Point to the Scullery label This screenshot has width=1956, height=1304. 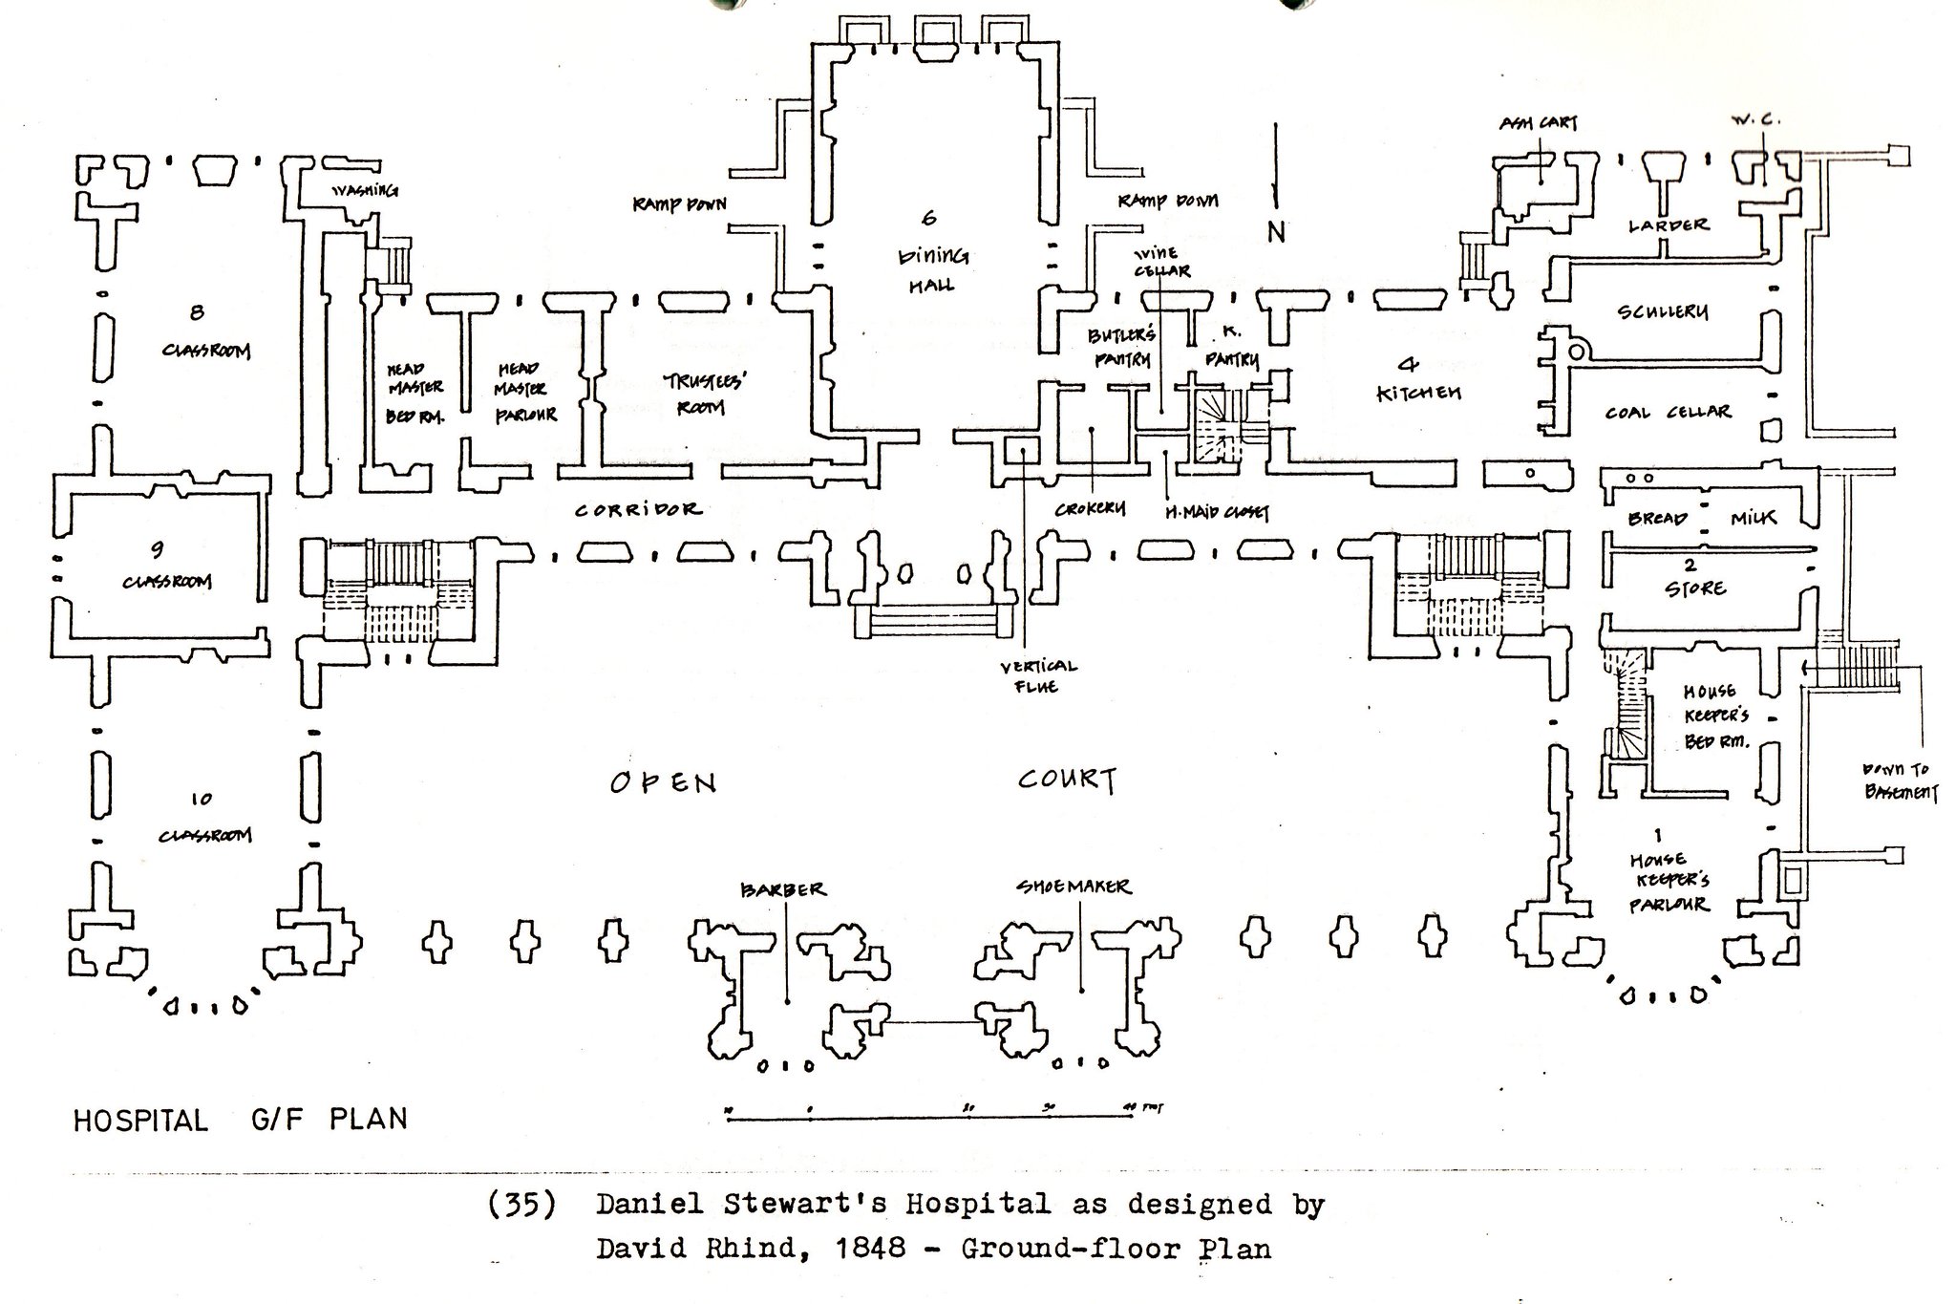[1663, 312]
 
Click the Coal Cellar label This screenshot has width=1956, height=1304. [1668, 412]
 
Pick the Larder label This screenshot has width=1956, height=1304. [1668, 225]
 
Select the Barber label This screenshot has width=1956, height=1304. [782, 889]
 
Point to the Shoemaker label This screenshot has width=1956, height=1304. [1073, 887]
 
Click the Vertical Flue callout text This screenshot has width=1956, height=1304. [1038, 676]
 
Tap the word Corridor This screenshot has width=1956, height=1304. [638, 510]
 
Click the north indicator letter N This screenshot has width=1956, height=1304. [1276, 232]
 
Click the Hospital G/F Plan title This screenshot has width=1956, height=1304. [240, 1120]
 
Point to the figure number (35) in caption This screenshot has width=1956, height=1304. [521, 1206]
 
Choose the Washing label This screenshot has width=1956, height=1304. [364, 190]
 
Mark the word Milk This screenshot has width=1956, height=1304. [1754, 518]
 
